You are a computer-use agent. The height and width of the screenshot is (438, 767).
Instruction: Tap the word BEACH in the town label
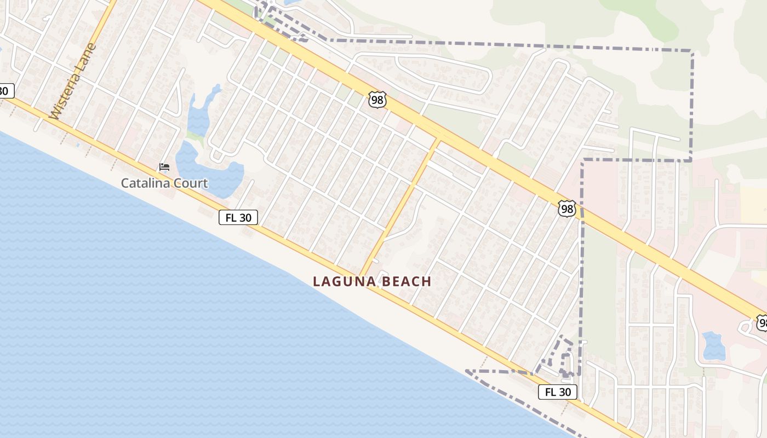[407, 282]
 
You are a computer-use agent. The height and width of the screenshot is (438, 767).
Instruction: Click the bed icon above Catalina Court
[164, 167]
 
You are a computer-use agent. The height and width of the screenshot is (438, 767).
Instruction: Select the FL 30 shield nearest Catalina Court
[238, 217]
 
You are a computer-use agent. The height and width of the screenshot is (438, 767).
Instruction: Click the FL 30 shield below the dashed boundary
[558, 392]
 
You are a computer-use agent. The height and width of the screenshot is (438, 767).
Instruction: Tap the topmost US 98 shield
[377, 100]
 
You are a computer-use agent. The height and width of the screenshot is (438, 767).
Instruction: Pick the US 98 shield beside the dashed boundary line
[567, 209]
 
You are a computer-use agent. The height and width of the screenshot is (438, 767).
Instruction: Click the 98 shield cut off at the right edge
[762, 323]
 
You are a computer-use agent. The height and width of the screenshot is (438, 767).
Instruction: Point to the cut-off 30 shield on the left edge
[5, 91]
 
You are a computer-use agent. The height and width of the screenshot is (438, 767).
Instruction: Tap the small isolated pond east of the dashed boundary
[713, 345]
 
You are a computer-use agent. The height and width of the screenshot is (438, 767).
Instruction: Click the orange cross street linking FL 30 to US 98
[400, 208]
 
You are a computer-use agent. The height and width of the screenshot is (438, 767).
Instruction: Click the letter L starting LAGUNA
[316, 282]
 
